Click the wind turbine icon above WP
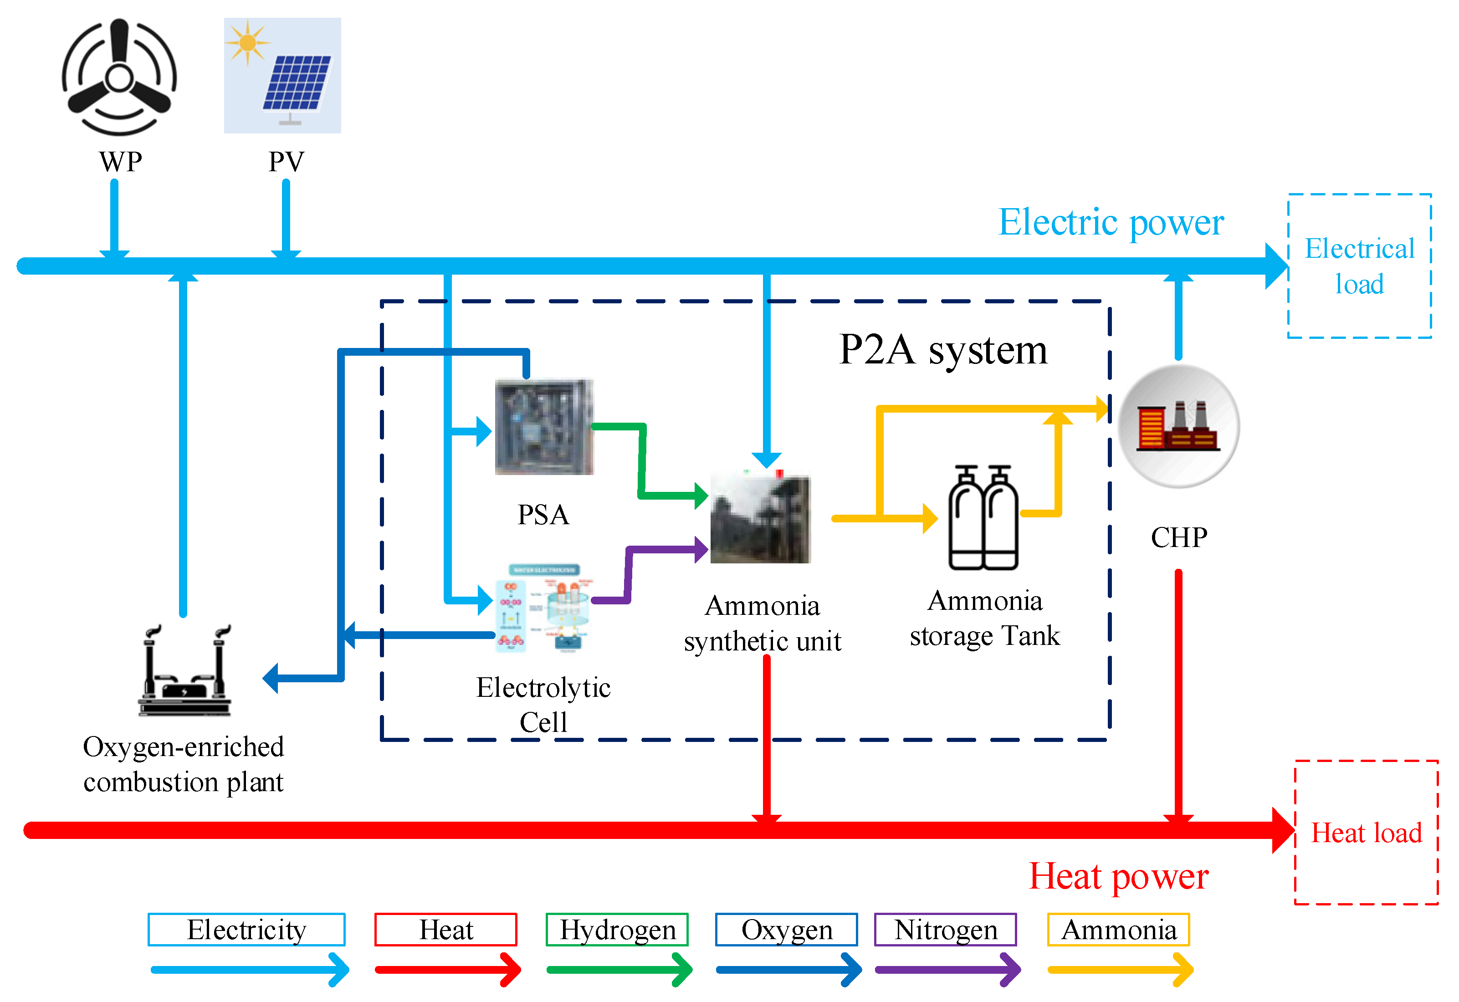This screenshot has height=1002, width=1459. (119, 77)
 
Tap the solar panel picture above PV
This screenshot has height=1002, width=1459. (282, 75)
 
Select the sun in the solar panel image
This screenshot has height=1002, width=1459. (247, 43)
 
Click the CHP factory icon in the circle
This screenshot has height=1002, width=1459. (1178, 426)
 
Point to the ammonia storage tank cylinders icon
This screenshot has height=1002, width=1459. (983, 517)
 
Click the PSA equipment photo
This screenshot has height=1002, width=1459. (544, 426)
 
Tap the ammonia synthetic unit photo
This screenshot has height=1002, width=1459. (760, 516)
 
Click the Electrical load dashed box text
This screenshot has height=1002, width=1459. (1359, 266)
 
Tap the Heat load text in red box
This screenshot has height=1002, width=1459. (1366, 833)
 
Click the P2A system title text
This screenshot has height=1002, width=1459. (943, 350)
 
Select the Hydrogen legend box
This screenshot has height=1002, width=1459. (617, 930)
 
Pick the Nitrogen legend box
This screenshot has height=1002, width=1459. (946, 930)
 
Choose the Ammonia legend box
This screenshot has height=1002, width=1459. (1119, 930)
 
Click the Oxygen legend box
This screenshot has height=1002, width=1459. (786, 930)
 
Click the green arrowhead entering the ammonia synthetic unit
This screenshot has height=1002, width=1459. (701, 496)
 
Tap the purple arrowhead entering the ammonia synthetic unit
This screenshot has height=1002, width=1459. (701, 550)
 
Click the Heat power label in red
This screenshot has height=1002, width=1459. (1118, 876)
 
